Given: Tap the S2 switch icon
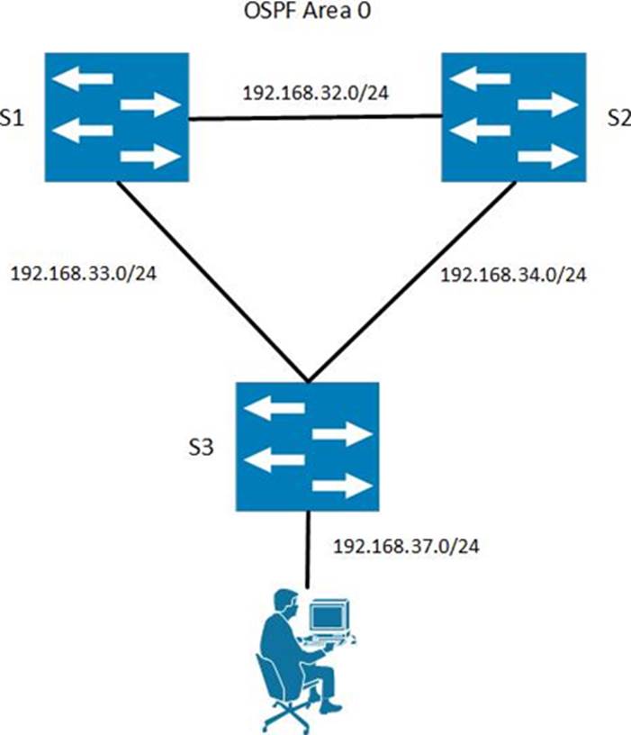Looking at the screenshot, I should click(x=512, y=114).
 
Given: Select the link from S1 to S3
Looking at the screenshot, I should click(x=212, y=278).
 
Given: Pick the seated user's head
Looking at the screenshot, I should click(x=284, y=601).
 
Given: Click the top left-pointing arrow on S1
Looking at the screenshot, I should click(x=83, y=78).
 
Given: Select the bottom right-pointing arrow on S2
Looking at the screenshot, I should click(x=546, y=157).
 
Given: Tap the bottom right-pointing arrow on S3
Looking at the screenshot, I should click(x=341, y=487).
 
